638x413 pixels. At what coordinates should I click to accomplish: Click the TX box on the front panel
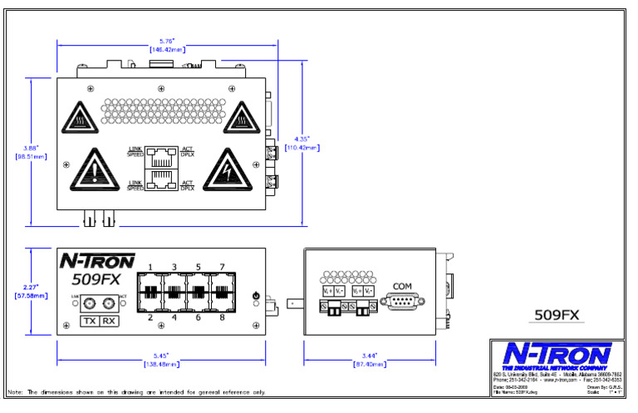(88, 322)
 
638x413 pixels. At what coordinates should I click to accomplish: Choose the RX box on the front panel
(108, 322)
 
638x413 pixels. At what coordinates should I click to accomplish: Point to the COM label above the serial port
(402, 287)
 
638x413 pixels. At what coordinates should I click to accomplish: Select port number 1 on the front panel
(150, 267)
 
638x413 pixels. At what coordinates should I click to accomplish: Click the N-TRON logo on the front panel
(96, 261)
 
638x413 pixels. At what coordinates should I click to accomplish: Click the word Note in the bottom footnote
(15, 391)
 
